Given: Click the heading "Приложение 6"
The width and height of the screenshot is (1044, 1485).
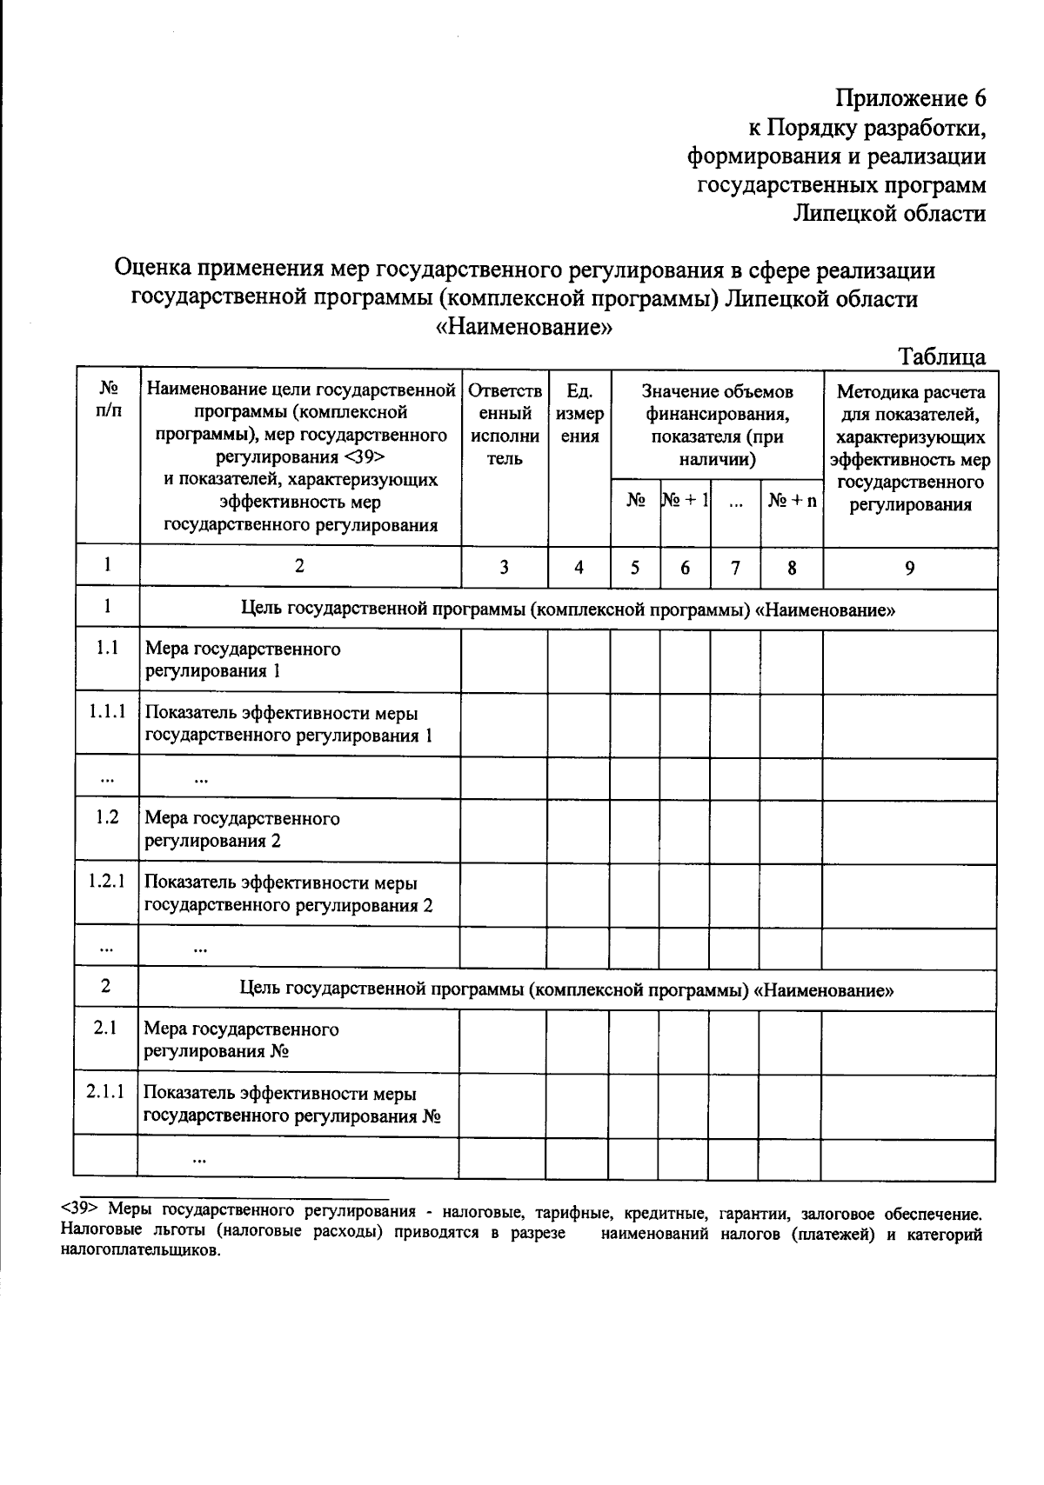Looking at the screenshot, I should click(911, 98).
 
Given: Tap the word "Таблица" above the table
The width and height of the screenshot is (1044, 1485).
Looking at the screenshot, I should click(942, 356).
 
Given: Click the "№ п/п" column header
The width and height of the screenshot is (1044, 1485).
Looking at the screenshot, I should click(107, 400).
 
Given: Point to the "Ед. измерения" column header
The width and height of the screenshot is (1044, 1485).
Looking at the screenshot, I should click(579, 414).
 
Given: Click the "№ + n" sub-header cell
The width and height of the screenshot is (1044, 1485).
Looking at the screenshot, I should click(792, 501).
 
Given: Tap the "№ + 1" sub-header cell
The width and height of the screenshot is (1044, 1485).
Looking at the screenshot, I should click(685, 500).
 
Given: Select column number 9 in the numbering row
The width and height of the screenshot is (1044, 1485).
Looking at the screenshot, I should click(909, 568).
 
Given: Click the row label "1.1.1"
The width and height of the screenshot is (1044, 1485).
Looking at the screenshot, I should click(107, 712).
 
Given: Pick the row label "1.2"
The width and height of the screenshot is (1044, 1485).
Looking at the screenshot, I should click(107, 818).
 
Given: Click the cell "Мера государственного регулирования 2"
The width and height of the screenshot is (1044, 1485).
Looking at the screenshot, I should click(242, 829).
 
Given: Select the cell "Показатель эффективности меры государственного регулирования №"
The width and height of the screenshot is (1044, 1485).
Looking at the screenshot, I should click(291, 1104).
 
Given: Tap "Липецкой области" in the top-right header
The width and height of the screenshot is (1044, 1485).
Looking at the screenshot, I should click(889, 213).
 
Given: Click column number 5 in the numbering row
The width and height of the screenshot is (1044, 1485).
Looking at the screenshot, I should click(635, 568).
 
